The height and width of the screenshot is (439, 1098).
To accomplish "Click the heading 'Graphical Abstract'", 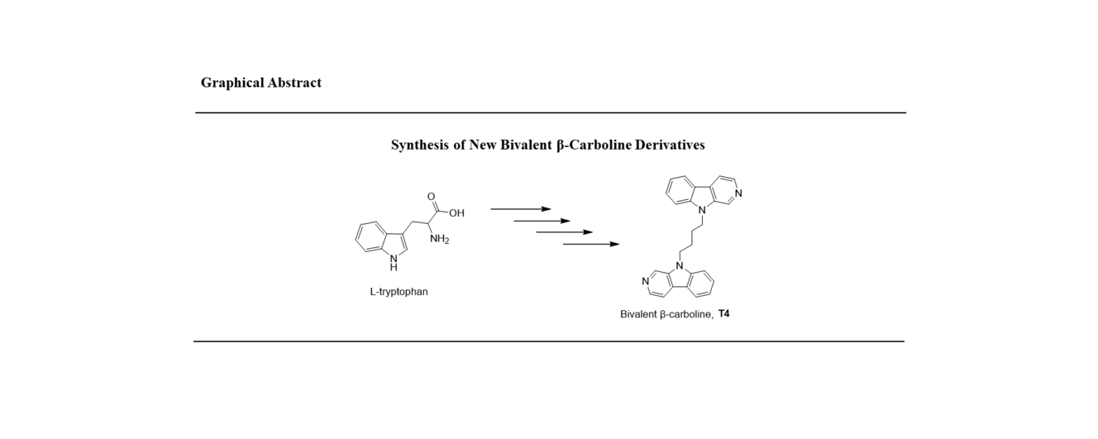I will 260,83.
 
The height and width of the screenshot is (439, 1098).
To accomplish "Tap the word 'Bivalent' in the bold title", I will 526,146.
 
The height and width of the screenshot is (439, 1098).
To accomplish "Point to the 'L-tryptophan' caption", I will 399,292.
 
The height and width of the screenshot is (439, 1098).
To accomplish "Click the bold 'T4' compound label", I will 723,314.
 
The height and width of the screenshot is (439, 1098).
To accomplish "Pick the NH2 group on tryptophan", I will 439,240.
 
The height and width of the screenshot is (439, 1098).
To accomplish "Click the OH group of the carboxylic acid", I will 456,213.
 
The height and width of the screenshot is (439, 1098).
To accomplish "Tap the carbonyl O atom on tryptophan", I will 431,197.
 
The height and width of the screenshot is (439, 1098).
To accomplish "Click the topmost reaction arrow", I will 520,209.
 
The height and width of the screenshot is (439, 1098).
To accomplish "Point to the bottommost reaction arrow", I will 590,244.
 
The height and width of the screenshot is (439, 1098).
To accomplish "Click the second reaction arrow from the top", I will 542,221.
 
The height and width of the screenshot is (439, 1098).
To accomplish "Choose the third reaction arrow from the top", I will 564,232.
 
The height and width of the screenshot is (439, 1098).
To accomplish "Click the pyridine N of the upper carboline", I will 738,193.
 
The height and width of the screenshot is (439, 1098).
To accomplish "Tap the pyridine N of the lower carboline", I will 645,282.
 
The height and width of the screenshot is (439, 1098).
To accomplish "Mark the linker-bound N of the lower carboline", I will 679,265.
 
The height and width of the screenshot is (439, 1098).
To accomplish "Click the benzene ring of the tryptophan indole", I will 371,236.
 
